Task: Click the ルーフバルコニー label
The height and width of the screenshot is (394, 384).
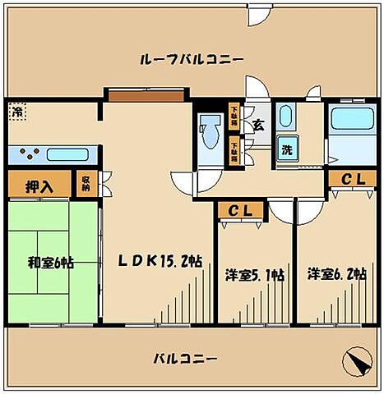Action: pyautogui.click(x=191, y=60)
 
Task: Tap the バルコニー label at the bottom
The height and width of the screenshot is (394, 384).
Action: pyautogui.click(x=186, y=360)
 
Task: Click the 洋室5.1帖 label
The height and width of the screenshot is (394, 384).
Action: pyautogui.click(x=256, y=275)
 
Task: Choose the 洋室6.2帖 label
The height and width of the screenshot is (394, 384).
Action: pyautogui.click(x=336, y=274)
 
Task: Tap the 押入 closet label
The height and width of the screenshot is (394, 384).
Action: pyautogui.click(x=38, y=185)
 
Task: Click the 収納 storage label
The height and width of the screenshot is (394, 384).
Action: pyautogui.click(x=86, y=183)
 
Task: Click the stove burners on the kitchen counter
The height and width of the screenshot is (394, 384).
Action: pyautogui.click(x=28, y=153)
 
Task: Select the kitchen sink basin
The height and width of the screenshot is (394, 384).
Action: pyautogui.click(x=67, y=153)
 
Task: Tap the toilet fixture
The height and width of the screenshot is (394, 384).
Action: pyautogui.click(x=209, y=131)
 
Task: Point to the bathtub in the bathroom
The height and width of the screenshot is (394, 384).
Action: pyautogui.click(x=351, y=121)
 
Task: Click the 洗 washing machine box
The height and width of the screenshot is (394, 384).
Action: pyautogui.click(x=288, y=150)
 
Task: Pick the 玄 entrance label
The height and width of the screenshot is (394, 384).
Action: pyautogui.click(x=257, y=126)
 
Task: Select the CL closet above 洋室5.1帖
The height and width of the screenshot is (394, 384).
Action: pyautogui.click(x=240, y=211)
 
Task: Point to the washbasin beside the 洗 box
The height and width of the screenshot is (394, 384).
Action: pyautogui.click(x=285, y=116)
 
